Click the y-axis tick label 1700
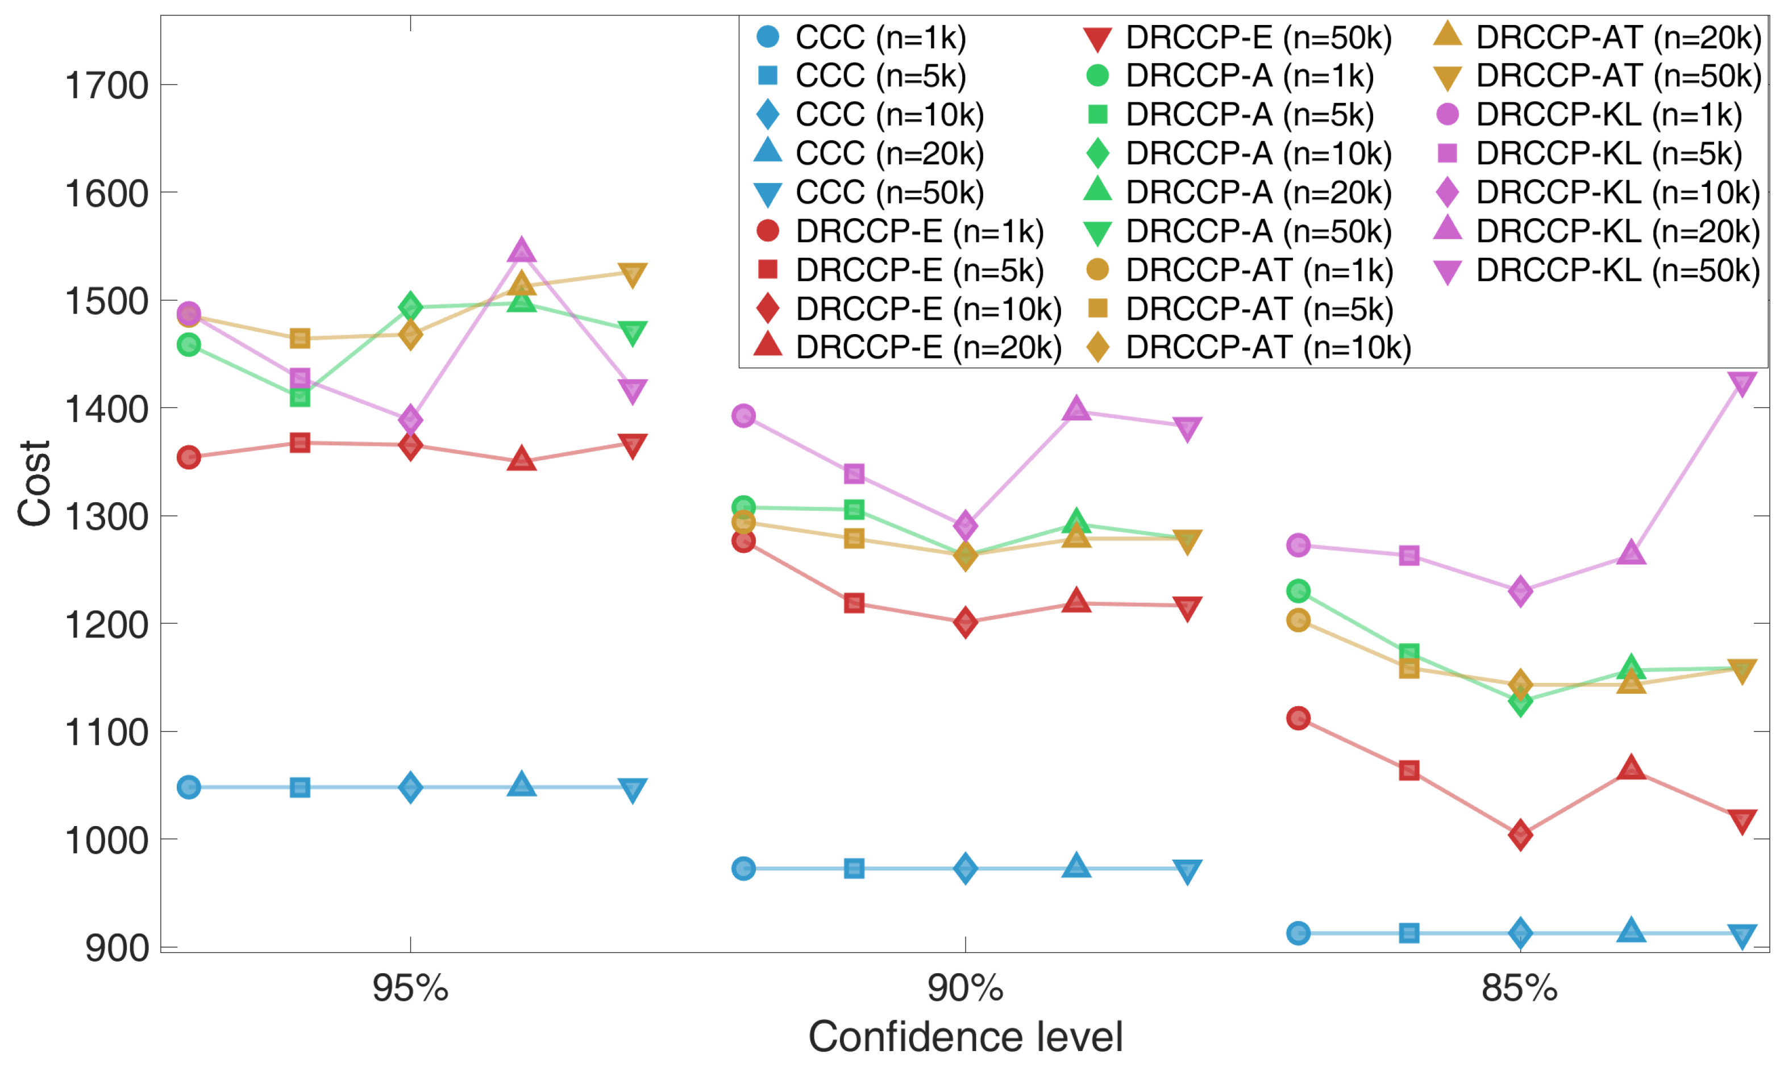(x=106, y=86)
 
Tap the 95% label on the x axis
(x=410, y=989)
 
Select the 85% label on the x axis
(x=1519, y=989)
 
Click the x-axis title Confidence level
(x=965, y=1037)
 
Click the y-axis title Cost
(x=35, y=483)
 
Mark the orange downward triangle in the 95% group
(x=632, y=274)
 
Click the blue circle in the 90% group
(x=743, y=869)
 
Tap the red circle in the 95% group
(x=188, y=457)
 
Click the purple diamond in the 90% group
(x=965, y=526)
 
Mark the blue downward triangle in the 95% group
(x=632, y=790)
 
